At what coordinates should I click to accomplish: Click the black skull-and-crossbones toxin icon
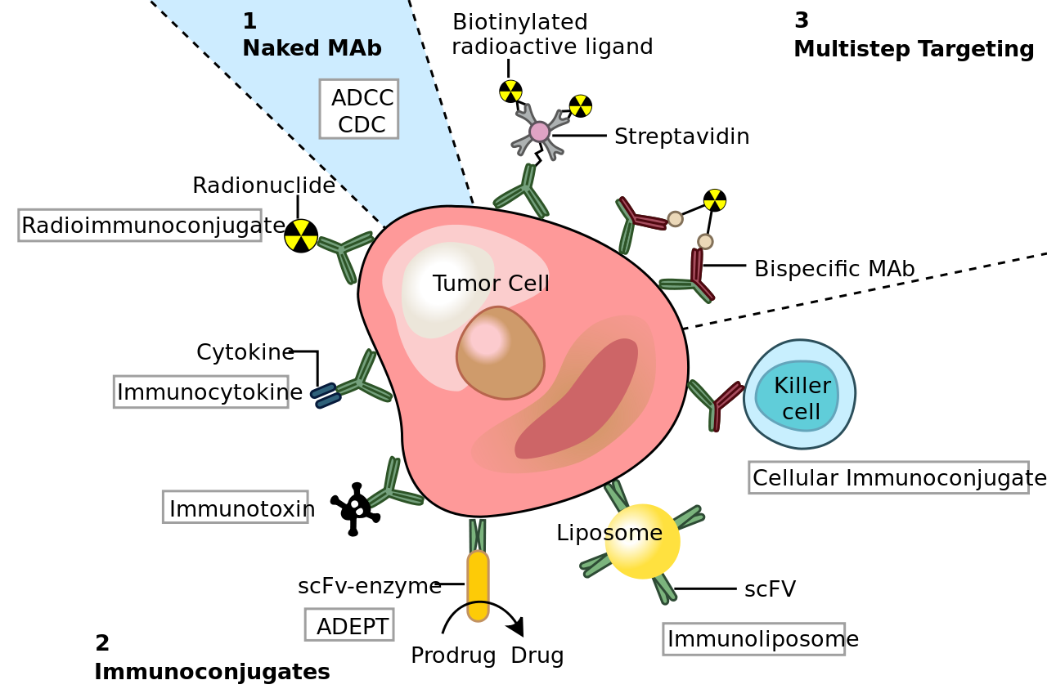[355, 508]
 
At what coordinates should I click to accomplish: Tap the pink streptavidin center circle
[539, 132]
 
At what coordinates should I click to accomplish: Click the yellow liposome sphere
[642, 542]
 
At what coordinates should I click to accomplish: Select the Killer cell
[800, 394]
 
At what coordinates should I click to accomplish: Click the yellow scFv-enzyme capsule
[478, 586]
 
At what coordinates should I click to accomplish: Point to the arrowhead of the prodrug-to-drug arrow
[516, 627]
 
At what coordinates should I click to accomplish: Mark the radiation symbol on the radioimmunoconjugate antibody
[301, 236]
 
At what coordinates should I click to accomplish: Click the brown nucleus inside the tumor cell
[500, 353]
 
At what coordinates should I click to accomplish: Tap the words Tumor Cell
[491, 283]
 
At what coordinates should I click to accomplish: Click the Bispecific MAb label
[834, 269]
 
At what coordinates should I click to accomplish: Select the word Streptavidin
[682, 136]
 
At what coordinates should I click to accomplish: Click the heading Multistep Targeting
[914, 49]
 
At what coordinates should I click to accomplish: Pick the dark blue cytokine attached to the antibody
[326, 396]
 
